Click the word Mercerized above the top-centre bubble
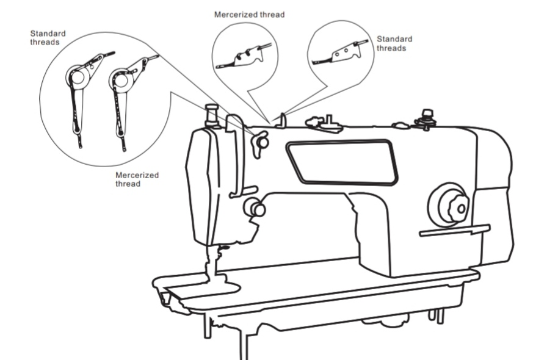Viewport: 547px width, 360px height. pyautogui.click(x=231, y=14)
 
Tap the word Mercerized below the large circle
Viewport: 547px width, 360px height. pyautogui.click(x=137, y=175)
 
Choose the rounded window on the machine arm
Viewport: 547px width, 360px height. pyautogui.click(x=342, y=161)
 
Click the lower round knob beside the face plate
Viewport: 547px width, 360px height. pyautogui.click(x=254, y=208)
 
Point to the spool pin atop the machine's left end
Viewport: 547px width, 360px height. pyautogui.click(x=212, y=115)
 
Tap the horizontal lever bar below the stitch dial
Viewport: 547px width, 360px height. pyautogui.click(x=454, y=231)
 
